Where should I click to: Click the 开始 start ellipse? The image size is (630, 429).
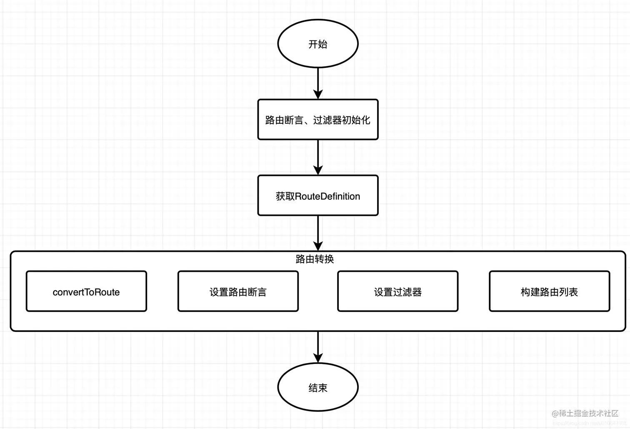click(318, 43)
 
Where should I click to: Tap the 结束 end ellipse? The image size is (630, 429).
click(318, 387)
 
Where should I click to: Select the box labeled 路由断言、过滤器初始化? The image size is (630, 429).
click(318, 120)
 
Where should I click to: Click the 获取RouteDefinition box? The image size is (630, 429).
click(318, 196)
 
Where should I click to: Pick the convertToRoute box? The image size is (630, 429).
click(86, 291)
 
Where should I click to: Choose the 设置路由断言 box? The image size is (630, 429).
click(238, 291)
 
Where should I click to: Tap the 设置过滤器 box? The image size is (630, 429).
click(397, 291)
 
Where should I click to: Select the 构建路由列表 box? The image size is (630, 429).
click(549, 291)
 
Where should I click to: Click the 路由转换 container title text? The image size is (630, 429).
click(315, 259)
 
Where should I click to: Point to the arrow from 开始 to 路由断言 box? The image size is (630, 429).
click(318, 81)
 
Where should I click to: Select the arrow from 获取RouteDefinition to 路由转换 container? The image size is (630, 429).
click(318, 231)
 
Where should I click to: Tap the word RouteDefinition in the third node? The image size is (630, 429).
click(327, 196)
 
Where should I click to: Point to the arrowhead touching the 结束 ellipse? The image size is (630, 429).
click(318, 358)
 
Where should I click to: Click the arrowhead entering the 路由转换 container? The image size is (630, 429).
click(318, 246)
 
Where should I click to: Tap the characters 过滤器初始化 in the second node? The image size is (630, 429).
click(342, 120)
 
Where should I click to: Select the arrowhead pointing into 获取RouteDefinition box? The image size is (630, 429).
click(318, 170)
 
